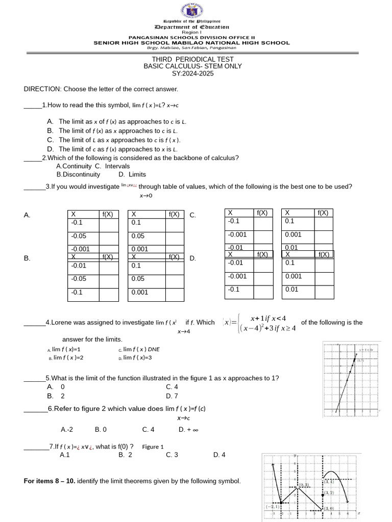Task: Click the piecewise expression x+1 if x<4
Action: coord(265,319)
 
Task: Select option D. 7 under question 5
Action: coord(172,396)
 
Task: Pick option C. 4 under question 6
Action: coord(149,429)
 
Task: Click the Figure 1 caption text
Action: coord(153,447)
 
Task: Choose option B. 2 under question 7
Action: coord(125,455)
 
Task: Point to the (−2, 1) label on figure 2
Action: coord(272,507)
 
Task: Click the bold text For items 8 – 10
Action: coord(50,481)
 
